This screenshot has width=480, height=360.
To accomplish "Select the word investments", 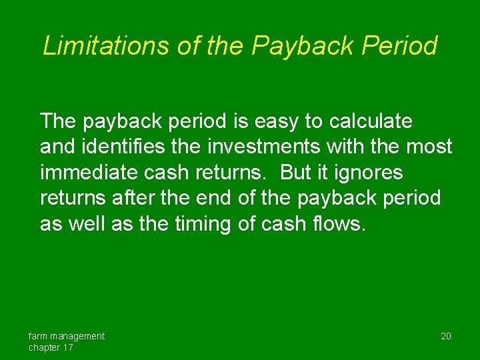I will pos(261,147).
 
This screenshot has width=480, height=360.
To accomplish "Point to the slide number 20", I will pos(446,336).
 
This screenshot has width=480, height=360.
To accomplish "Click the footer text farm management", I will pos(66,336).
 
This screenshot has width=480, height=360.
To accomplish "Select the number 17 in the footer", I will pos(67,347).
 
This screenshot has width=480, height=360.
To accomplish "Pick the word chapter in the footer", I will pos(44,347).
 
